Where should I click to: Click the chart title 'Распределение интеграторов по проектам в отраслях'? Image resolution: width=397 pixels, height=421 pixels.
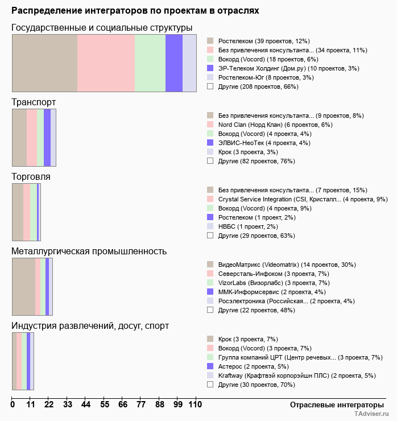tap(135, 10)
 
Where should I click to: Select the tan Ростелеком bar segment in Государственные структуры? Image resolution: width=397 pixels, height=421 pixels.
tap(44, 63)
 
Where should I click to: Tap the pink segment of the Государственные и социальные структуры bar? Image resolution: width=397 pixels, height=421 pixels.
tap(106, 63)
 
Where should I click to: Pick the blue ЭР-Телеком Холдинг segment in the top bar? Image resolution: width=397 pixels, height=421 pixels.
tap(173, 63)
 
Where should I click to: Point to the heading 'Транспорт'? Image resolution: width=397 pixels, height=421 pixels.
tap(34, 102)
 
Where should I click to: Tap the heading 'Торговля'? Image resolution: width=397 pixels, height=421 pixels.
tap(31, 177)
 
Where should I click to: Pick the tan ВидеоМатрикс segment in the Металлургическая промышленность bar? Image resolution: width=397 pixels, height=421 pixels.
tap(23, 286)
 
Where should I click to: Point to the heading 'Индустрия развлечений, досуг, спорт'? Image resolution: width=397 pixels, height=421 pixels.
tap(90, 326)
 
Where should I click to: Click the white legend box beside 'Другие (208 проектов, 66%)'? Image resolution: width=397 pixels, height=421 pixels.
tap(210, 86)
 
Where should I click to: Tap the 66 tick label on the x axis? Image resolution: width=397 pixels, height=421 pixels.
tap(123, 405)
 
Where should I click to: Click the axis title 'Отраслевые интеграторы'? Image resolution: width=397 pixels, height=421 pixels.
tap(333, 405)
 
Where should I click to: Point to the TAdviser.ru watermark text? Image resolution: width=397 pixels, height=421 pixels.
tap(371, 415)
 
